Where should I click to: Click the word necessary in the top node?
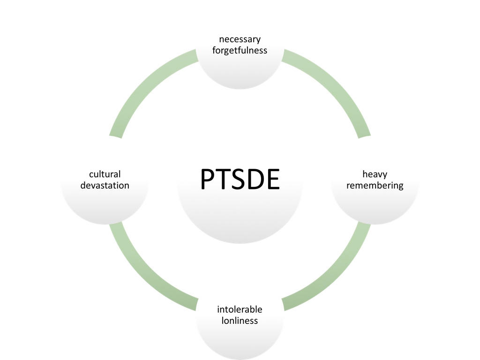[x=240, y=39]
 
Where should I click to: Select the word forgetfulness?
[x=240, y=50]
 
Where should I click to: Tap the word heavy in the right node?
[x=375, y=174]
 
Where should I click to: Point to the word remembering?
[x=375, y=186]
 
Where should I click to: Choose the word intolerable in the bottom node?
[x=240, y=309]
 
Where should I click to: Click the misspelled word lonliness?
[x=240, y=321]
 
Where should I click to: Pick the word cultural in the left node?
[x=105, y=174]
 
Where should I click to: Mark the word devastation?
[x=105, y=186]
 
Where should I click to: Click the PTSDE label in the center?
[x=240, y=180]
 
